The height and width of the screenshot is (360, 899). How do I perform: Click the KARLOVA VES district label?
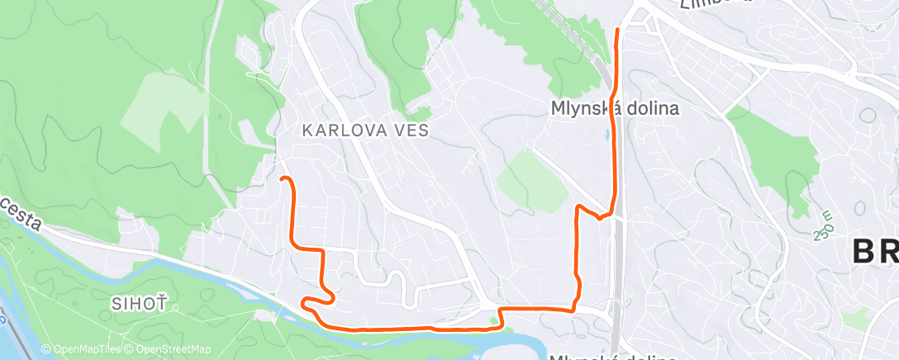364,130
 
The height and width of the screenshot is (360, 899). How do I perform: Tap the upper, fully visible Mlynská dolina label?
615,108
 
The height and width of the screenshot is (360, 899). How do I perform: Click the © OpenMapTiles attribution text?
81,349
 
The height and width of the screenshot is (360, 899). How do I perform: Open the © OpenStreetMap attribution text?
167,349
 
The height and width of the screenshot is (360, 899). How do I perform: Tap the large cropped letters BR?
874,250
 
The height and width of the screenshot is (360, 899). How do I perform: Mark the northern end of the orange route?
618,31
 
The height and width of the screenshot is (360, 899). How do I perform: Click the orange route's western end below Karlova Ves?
283,178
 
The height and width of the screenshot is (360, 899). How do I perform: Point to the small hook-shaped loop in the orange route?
318,300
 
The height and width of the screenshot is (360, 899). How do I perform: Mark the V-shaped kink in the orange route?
598,217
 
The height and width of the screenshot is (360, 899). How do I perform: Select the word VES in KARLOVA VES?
409,130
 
